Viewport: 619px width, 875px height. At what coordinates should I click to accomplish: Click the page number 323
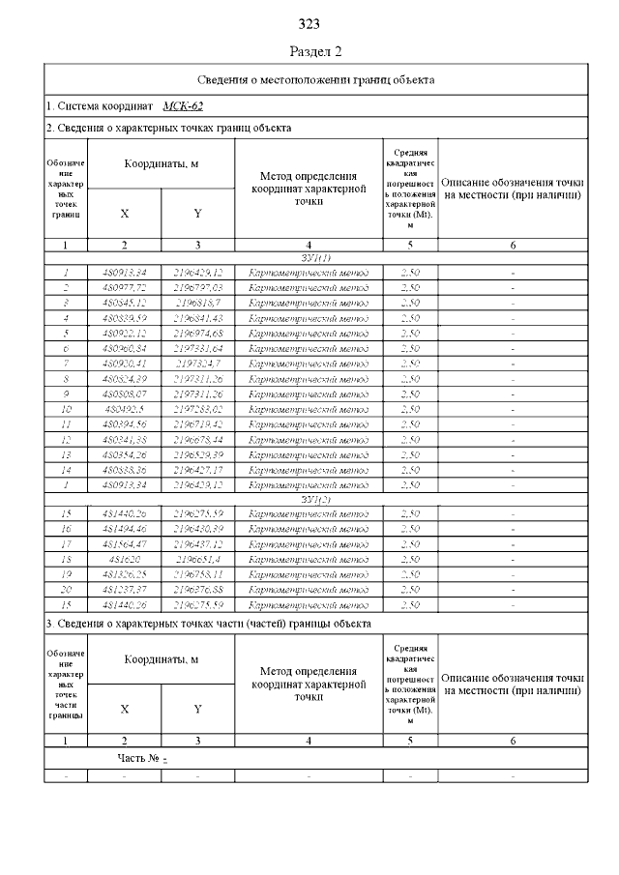click(x=309, y=24)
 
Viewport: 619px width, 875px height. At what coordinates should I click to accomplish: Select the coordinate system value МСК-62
click(x=183, y=105)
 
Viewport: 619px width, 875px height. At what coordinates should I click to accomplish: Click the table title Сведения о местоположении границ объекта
click(x=315, y=79)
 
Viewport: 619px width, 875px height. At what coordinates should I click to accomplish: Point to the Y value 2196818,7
click(x=197, y=303)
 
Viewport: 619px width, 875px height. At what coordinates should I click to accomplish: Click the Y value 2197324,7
click(x=197, y=363)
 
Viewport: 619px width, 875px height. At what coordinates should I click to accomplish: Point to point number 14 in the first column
click(x=66, y=469)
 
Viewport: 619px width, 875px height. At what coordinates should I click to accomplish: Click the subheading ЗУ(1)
click(x=315, y=258)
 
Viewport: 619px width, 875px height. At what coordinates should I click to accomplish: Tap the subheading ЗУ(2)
click(x=315, y=499)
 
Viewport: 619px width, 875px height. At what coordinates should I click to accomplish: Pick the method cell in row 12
click(x=309, y=439)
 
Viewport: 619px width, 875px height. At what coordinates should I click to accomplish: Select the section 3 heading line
click(x=208, y=625)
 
